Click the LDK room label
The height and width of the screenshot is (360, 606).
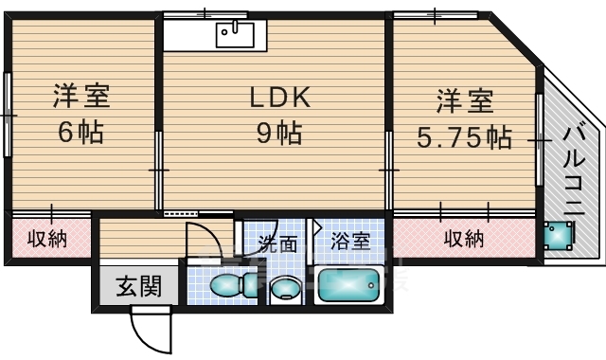[x=280, y=97]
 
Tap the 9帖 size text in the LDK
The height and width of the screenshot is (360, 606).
[x=279, y=133]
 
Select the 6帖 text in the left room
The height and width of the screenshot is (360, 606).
[x=80, y=132]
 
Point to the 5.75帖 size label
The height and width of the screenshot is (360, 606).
[x=464, y=136]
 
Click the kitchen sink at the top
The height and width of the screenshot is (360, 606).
[x=235, y=35]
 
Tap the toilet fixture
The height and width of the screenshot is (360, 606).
[x=234, y=285]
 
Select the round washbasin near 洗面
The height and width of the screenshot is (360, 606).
[x=285, y=289]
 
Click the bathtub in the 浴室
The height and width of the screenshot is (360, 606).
[x=348, y=285]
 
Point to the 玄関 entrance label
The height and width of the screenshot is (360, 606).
[x=138, y=286]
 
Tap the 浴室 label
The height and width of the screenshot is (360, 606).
[x=350, y=242]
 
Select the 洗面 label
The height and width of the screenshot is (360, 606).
[x=277, y=243]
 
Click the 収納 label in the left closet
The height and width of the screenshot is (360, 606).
[x=47, y=239]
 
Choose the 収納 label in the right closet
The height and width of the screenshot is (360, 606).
[x=464, y=239]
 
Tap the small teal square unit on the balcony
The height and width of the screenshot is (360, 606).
[x=558, y=236]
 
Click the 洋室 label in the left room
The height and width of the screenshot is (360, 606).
[x=81, y=96]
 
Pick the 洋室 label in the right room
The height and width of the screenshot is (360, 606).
[x=465, y=101]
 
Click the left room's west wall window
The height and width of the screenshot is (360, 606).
[x=7, y=115]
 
